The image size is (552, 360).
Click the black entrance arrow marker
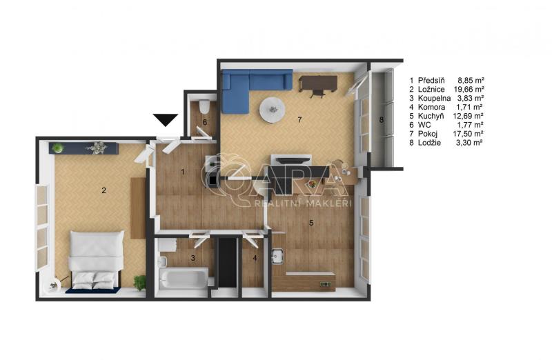(166, 120)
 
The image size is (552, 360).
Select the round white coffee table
(271, 110)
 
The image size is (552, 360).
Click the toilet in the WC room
(204, 106)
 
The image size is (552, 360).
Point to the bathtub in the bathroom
(183, 279)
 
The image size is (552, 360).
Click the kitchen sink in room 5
(278, 256)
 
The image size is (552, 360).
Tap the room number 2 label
(103, 190)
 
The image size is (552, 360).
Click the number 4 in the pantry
(255, 258)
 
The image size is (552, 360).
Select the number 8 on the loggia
(382, 120)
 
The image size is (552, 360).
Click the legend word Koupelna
(434, 98)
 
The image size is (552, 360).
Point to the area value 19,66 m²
(469, 90)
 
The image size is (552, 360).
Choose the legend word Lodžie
(429, 143)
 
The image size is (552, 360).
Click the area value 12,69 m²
(469, 116)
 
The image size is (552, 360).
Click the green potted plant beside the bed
(140, 282)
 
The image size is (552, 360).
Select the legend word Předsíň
(431, 80)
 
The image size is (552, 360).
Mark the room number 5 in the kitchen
(311, 223)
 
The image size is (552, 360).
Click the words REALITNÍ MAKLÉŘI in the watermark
(303, 203)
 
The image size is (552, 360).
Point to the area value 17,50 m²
(468, 134)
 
